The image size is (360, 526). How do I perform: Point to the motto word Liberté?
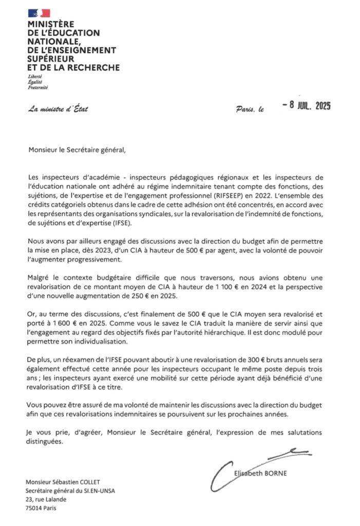click(35, 76)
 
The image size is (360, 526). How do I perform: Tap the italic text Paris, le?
click(251, 109)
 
